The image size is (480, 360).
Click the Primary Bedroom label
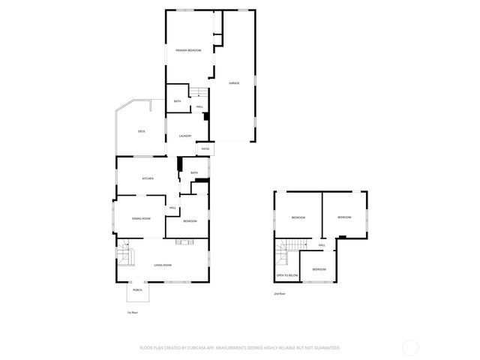[x=188, y=50]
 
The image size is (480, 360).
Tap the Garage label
[x=235, y=83]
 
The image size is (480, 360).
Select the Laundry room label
[x=185, y=136]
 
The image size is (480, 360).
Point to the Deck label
[x=141, y=131]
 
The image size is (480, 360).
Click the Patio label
[x=205, y=149]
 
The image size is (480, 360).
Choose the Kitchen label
[x=148, y=178]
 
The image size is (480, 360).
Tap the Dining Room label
[x=142, y=218]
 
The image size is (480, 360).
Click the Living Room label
[x=163, y=265]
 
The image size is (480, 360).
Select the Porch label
[x=137, y=289]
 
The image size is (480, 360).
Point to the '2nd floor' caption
[x=279, y=293]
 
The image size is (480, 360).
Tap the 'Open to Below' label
[x=287, y=275]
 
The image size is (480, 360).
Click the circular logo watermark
[x=410, y=347]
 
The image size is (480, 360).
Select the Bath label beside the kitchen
[x=193, y=173]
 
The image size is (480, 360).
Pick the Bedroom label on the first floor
[x=190, y=221]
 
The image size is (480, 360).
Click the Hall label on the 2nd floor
[x=322, y=245]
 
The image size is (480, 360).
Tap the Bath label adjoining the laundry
[x=177, y=101]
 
